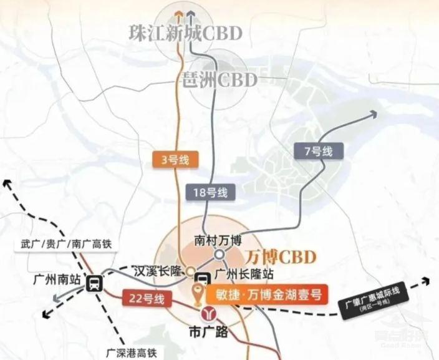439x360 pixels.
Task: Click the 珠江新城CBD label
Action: [x=185, y=33]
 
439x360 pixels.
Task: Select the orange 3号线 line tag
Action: [x=175, y=160]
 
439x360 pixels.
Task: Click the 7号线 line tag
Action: [x=317, y=150]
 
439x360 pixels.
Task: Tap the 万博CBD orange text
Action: [x=281, y=256]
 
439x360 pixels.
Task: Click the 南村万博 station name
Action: [x=218, y=240]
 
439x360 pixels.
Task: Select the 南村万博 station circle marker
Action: [x=219, y=255]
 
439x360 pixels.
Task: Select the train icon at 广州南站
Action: [x=94, y=285]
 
